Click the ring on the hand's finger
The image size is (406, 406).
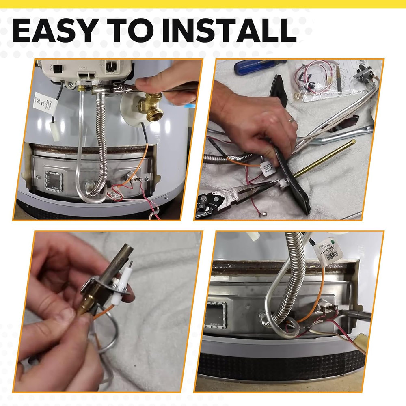[291, 119]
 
